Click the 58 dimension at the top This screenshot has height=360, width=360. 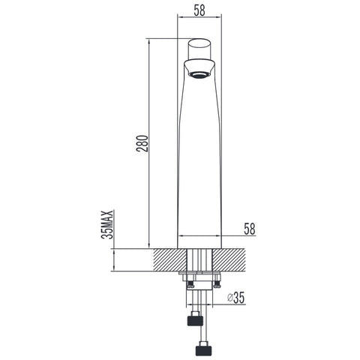(x=199, y=10)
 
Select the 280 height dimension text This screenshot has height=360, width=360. (x=142, y=143)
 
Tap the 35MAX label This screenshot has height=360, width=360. (x=107, y=225)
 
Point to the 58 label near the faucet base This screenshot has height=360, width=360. (x=250, y=229)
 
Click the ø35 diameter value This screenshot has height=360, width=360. (x=235, y=298)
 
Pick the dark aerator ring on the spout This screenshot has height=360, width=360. (x=199, y=74)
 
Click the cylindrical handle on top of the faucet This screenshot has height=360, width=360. (x=199, y=49)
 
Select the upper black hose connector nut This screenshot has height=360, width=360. (x=195, y=319)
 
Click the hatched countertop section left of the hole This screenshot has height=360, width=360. (x=169, y=259)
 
